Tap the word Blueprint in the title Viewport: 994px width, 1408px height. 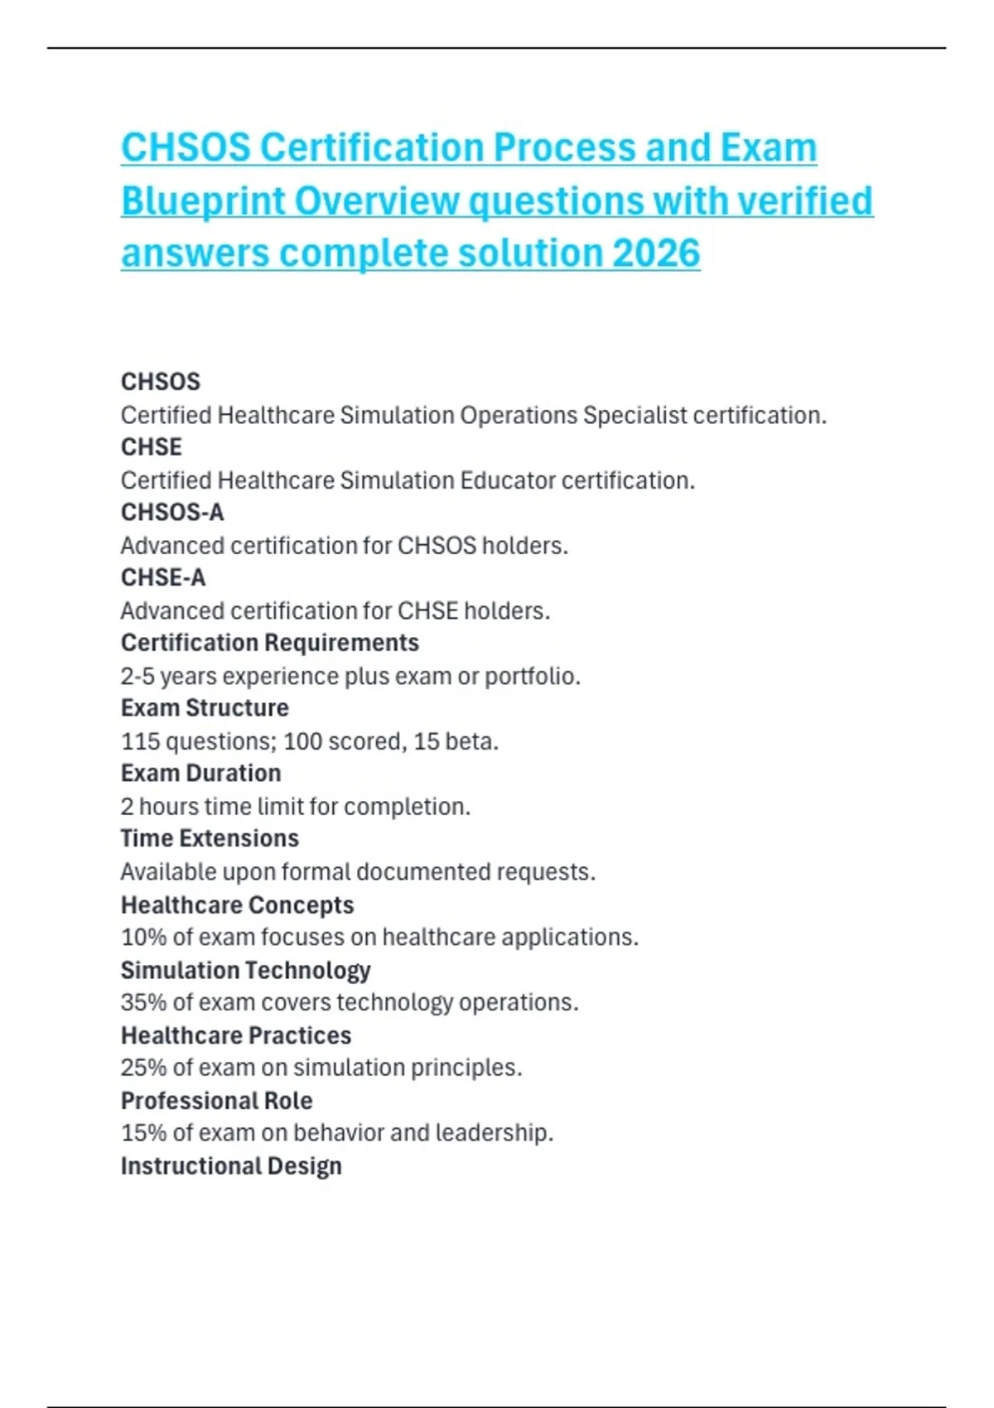coord(202,201)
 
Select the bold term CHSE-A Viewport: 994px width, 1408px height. coord(163,577)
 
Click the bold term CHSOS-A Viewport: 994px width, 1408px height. coord(172,512)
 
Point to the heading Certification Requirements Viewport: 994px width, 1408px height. coord(269,643)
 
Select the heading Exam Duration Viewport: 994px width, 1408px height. coord(200,773)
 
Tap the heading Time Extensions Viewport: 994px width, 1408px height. coord(210,838)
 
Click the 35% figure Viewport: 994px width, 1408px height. coord(143,1002)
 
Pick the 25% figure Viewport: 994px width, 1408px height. coord(143,1068)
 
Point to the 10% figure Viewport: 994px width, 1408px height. coord(143,937)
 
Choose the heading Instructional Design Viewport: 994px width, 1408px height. coord(231,1166)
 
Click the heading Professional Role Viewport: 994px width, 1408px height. coord(216,1101)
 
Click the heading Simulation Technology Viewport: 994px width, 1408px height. coord(245,970)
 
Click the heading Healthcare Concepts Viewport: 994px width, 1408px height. coord(237,904)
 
